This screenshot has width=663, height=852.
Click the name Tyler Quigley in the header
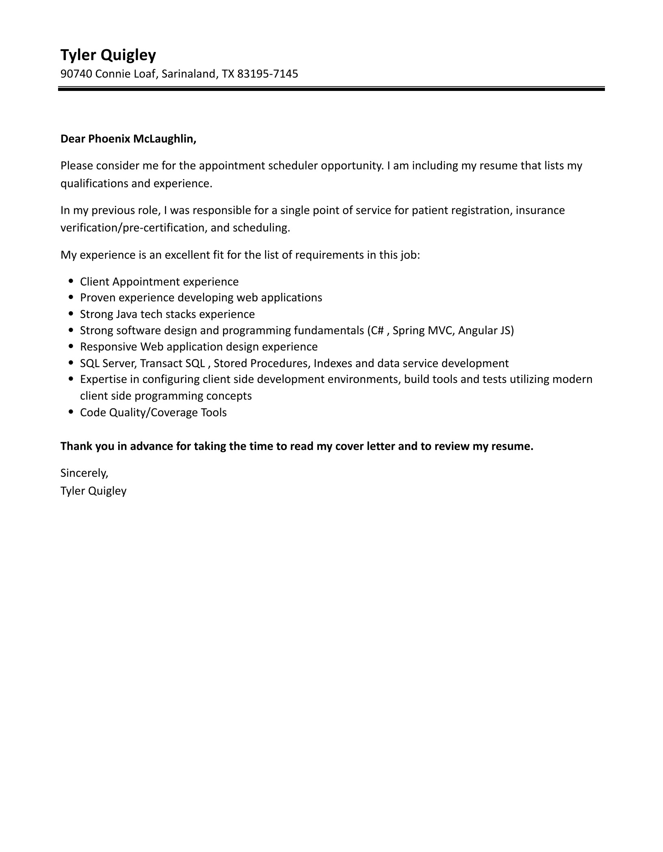(108, 55)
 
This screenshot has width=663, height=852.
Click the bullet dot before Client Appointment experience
(71, 281)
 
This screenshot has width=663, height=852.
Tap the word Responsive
(108, 347)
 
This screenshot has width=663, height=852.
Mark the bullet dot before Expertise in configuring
(71, 379)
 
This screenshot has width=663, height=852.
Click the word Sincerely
(84, 473)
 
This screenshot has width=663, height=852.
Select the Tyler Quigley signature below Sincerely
(93, 491)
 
